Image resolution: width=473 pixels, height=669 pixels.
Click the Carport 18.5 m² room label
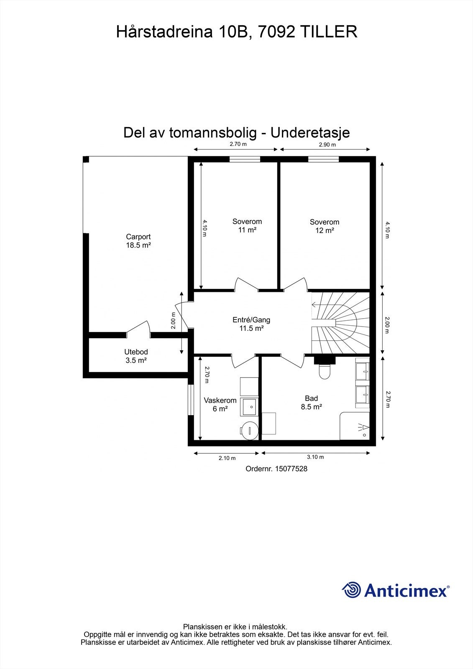point(138,241)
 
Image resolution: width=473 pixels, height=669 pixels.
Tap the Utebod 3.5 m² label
point(136,356)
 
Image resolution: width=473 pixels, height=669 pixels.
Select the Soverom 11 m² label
point(247,226)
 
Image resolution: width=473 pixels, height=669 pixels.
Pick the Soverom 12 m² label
point(324,226)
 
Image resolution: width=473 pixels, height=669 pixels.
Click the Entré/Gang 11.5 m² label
point(251,324)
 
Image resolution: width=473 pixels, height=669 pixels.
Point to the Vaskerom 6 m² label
point(220,404)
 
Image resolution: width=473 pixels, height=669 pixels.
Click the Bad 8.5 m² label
point(311,403)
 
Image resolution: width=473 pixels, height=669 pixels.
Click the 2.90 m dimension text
point(327,145)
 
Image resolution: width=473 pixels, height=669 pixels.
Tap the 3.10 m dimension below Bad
point(315,457)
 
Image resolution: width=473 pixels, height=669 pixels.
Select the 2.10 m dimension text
point(227,458)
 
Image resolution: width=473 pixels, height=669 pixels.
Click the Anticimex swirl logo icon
point(351,590)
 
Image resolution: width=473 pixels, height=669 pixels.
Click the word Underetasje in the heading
point(310,133)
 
